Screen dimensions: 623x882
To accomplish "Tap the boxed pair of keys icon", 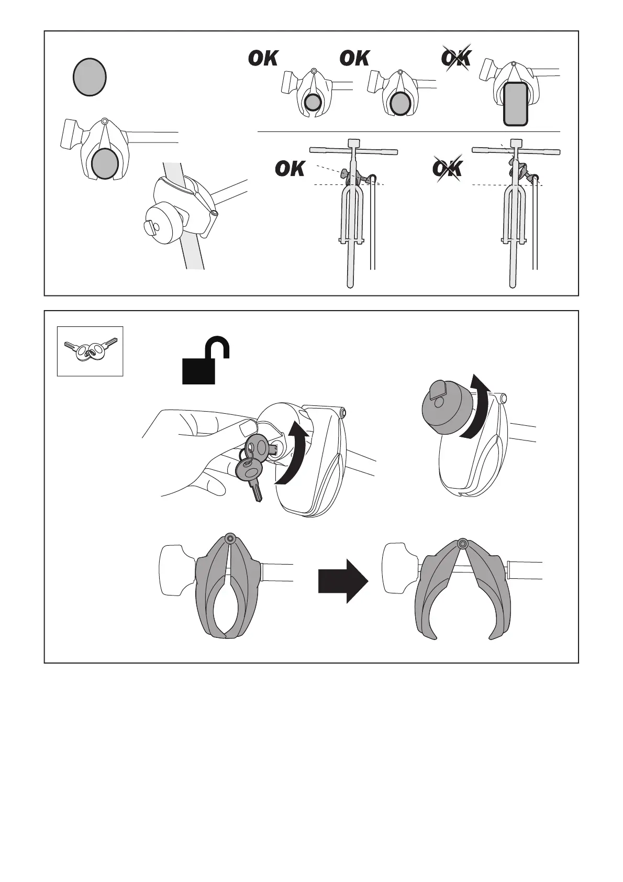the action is (90, 351).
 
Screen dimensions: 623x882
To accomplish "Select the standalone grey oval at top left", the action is (90, 76).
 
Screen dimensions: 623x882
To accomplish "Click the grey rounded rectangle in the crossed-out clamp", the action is (516, 104).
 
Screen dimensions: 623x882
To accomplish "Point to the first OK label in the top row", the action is (263, 58).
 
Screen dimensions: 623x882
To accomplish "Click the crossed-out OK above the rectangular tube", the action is (456, 58).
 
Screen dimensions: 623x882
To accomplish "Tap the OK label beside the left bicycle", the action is (290, 169).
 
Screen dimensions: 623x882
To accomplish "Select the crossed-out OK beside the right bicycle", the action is (447, 169).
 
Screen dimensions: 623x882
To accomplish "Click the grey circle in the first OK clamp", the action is (313, 103).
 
